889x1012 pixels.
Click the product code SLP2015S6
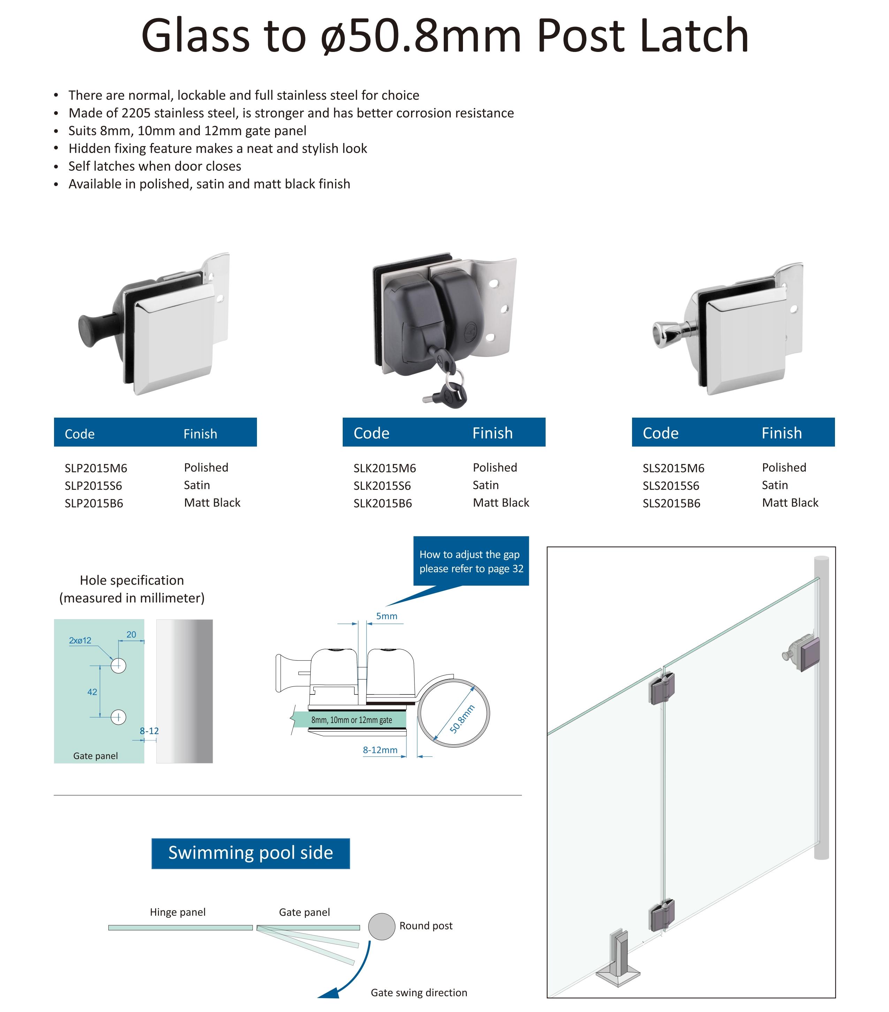(x=93, y=486)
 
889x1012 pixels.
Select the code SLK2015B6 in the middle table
(x=382, y=503)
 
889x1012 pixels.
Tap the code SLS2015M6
(x=673, y=468)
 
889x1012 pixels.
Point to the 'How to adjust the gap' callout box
(x=471, y=561)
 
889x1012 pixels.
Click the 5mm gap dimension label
(x=386, y=616)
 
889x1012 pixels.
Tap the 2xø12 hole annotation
(x=80, y=640)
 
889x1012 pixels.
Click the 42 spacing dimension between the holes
(x=92, y=692)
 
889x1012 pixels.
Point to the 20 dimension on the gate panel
(x=131, y=634)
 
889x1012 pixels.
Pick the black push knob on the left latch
(x=91, y=330)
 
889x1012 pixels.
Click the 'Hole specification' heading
(x=132, y=580)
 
